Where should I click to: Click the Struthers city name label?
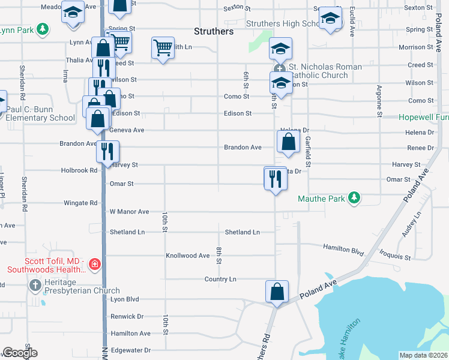coord(214,31)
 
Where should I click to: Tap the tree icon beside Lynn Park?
coord(42,29)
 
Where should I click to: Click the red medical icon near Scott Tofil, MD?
coord(94,264)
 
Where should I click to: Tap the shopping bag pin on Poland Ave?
coord(277,292)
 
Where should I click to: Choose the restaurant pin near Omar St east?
coord(276,179)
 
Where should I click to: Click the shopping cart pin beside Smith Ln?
coord(163,47)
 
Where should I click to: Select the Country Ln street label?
coord(220,279)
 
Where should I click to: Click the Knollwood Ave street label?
coord(187,256)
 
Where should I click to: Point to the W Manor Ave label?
coord(128,212)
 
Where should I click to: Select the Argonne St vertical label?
coord(379,100)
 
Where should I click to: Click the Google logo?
coord(20,353)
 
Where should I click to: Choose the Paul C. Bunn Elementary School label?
coord(40,113)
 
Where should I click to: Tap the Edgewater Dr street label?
coord(130,350)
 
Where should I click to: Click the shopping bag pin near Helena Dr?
coord(289,142)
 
